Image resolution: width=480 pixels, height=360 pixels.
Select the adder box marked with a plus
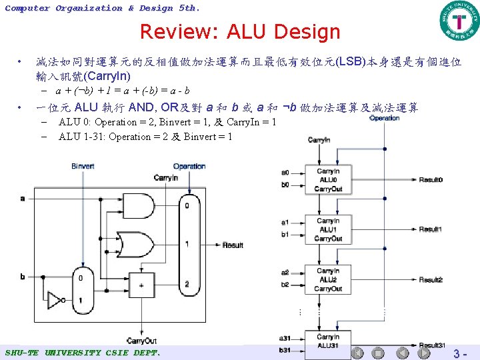point(141,286)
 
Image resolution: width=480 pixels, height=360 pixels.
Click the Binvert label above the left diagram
point(83,166)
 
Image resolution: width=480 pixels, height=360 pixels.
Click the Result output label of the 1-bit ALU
point(233,245)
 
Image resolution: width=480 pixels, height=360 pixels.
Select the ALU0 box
point(328,180)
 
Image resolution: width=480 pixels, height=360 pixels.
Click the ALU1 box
point(328,230)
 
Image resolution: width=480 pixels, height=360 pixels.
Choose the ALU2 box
point(328,279)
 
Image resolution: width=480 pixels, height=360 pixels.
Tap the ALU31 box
point(328,341)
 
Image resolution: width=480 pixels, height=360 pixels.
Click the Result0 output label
point(431,180)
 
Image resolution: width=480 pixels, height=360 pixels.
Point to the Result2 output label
point(431,280)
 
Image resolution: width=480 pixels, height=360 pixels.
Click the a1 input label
point(285,222)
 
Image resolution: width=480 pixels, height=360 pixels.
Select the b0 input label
point(285,185)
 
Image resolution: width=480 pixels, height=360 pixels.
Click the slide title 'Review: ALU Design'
point(240,31)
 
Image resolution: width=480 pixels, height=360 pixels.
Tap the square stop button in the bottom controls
point(377,353)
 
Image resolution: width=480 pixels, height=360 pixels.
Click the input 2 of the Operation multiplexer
point(187,285)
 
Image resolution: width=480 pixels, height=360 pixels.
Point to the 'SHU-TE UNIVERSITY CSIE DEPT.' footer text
point(83,352)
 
